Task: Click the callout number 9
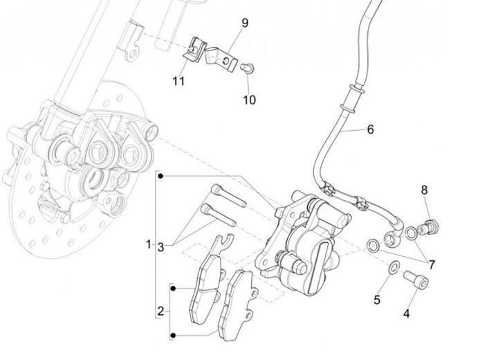tap(245, 23)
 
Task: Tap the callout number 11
tap(179, 81)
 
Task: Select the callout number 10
tap(249, 100)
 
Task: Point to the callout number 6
tap(369, 129)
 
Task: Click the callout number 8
tap(425, 190)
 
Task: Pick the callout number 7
tap(432, 264)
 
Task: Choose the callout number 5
tap(377, 300)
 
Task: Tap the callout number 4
tap(407, 314)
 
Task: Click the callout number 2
tap(160, 311)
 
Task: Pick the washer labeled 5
tap(394, 269)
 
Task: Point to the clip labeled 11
tap(195, 49)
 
